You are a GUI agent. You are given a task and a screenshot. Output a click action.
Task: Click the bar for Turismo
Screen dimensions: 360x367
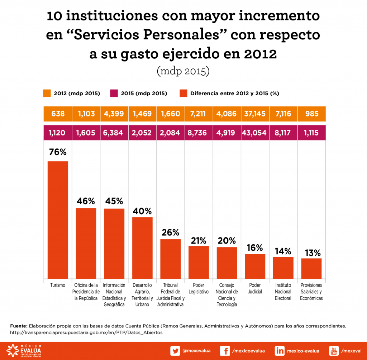pyautogui.click(x=58, y=220)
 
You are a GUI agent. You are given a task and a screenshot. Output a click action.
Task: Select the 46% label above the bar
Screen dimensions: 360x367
pyautogui.click(x=86, y=201)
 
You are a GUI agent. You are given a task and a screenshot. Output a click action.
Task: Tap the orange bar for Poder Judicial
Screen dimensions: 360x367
pyautogui.click(x=255, y=266)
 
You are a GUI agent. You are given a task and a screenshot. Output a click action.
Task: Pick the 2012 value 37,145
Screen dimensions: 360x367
pyautogui.click(x=255, y=114)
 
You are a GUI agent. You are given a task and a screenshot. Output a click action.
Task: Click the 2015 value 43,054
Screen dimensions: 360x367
pyautogui.click(x=255, y=133)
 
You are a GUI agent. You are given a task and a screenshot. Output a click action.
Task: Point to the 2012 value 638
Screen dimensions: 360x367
pyautogui.click(x=58, y=114)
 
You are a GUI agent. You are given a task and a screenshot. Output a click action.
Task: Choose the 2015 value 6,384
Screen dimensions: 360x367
pyautogui.click(x=114, y=133)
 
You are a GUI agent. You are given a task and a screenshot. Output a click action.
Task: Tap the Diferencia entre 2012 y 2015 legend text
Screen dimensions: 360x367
pyautogui.click(x=235, y=93)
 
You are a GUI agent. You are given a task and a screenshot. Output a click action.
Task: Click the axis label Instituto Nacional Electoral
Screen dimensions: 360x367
pyautogui.click(x=283, y=292)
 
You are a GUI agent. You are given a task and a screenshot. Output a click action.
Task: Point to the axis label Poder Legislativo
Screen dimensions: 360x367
pyautogui.click(x=199, y=288)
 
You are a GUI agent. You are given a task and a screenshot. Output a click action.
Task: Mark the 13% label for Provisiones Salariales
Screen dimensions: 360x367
pyautogui.click(x=311, y=253)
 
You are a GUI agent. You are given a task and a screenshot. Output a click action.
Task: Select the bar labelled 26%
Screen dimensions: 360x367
pyautogui.click(x=170, y=259)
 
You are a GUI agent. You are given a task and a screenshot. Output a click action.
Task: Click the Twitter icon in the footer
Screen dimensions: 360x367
pyautogui.click(x=175, y=351)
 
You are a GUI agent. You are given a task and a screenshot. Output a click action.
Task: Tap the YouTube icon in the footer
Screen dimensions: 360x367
pyautogui.click(x=334, y=351)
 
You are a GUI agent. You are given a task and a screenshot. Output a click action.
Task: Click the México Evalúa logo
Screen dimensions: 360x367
pyautogui.click(x=25, y=350)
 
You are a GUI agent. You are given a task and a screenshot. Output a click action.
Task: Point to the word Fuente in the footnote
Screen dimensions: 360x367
pyautogui.click(x=19, y=326)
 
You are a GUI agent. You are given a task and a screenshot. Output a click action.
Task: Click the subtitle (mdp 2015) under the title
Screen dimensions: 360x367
pyautogui.click(x=183, y=71)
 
